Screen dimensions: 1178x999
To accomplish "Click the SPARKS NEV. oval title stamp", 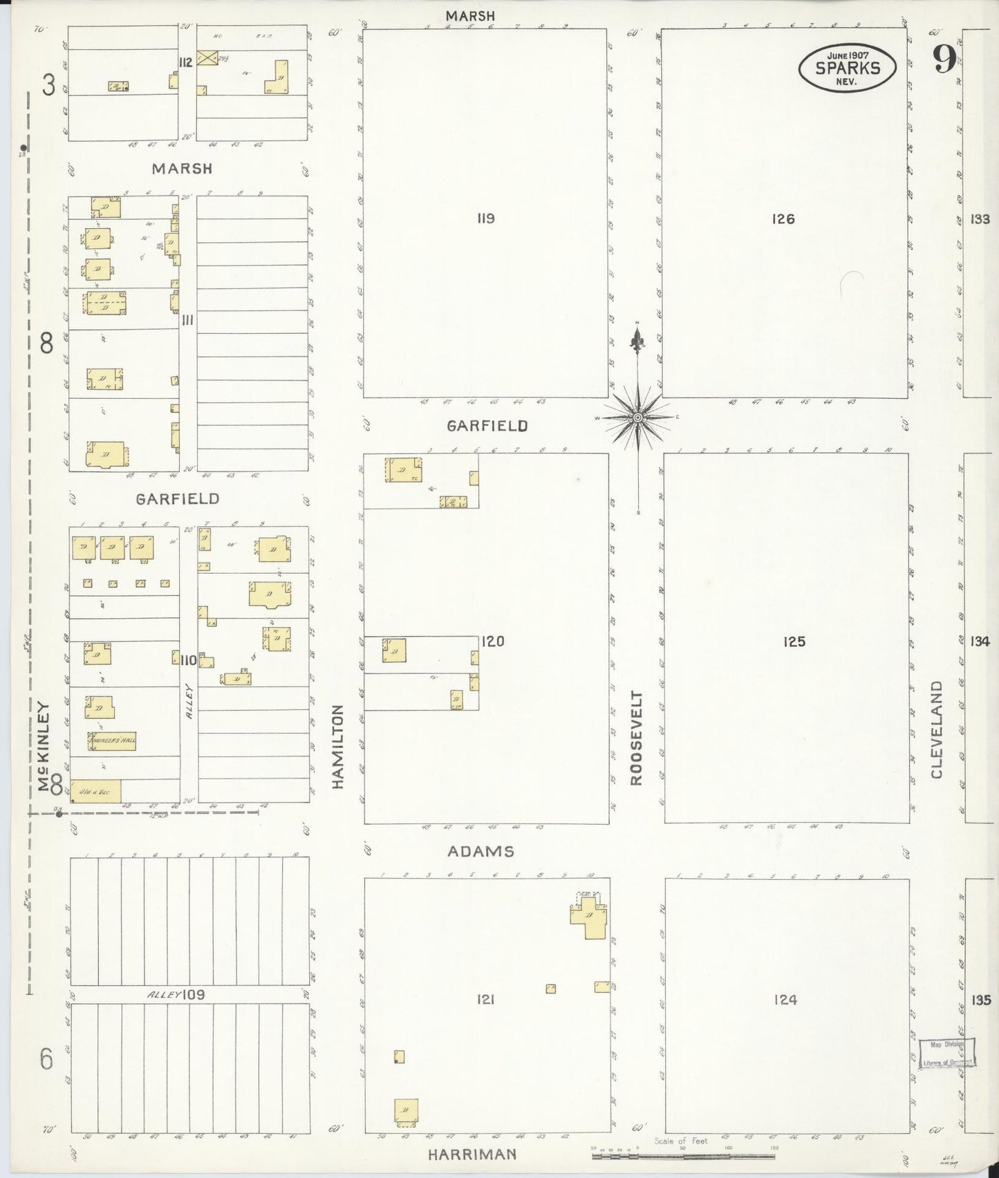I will coord(848,67).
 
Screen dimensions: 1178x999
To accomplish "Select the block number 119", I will coord(485,218).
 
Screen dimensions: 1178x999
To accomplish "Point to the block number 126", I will coord(783,219).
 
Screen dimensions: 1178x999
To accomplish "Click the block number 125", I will coord(794,642).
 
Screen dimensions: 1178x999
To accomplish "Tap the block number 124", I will coord(786,999).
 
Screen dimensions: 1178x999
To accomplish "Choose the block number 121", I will coord(485,999).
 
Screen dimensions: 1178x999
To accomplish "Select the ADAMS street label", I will coord(480,852).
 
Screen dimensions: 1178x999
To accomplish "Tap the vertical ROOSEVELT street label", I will coord(636,738).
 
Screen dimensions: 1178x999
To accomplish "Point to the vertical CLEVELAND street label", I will coord(937,729).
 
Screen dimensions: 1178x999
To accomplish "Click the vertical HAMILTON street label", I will coord(337,747).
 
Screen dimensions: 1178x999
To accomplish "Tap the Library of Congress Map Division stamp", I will coord(948,1054).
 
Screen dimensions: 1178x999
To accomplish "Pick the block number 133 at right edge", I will coord(980,219).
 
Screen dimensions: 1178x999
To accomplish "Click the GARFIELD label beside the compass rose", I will coord(487,426).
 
